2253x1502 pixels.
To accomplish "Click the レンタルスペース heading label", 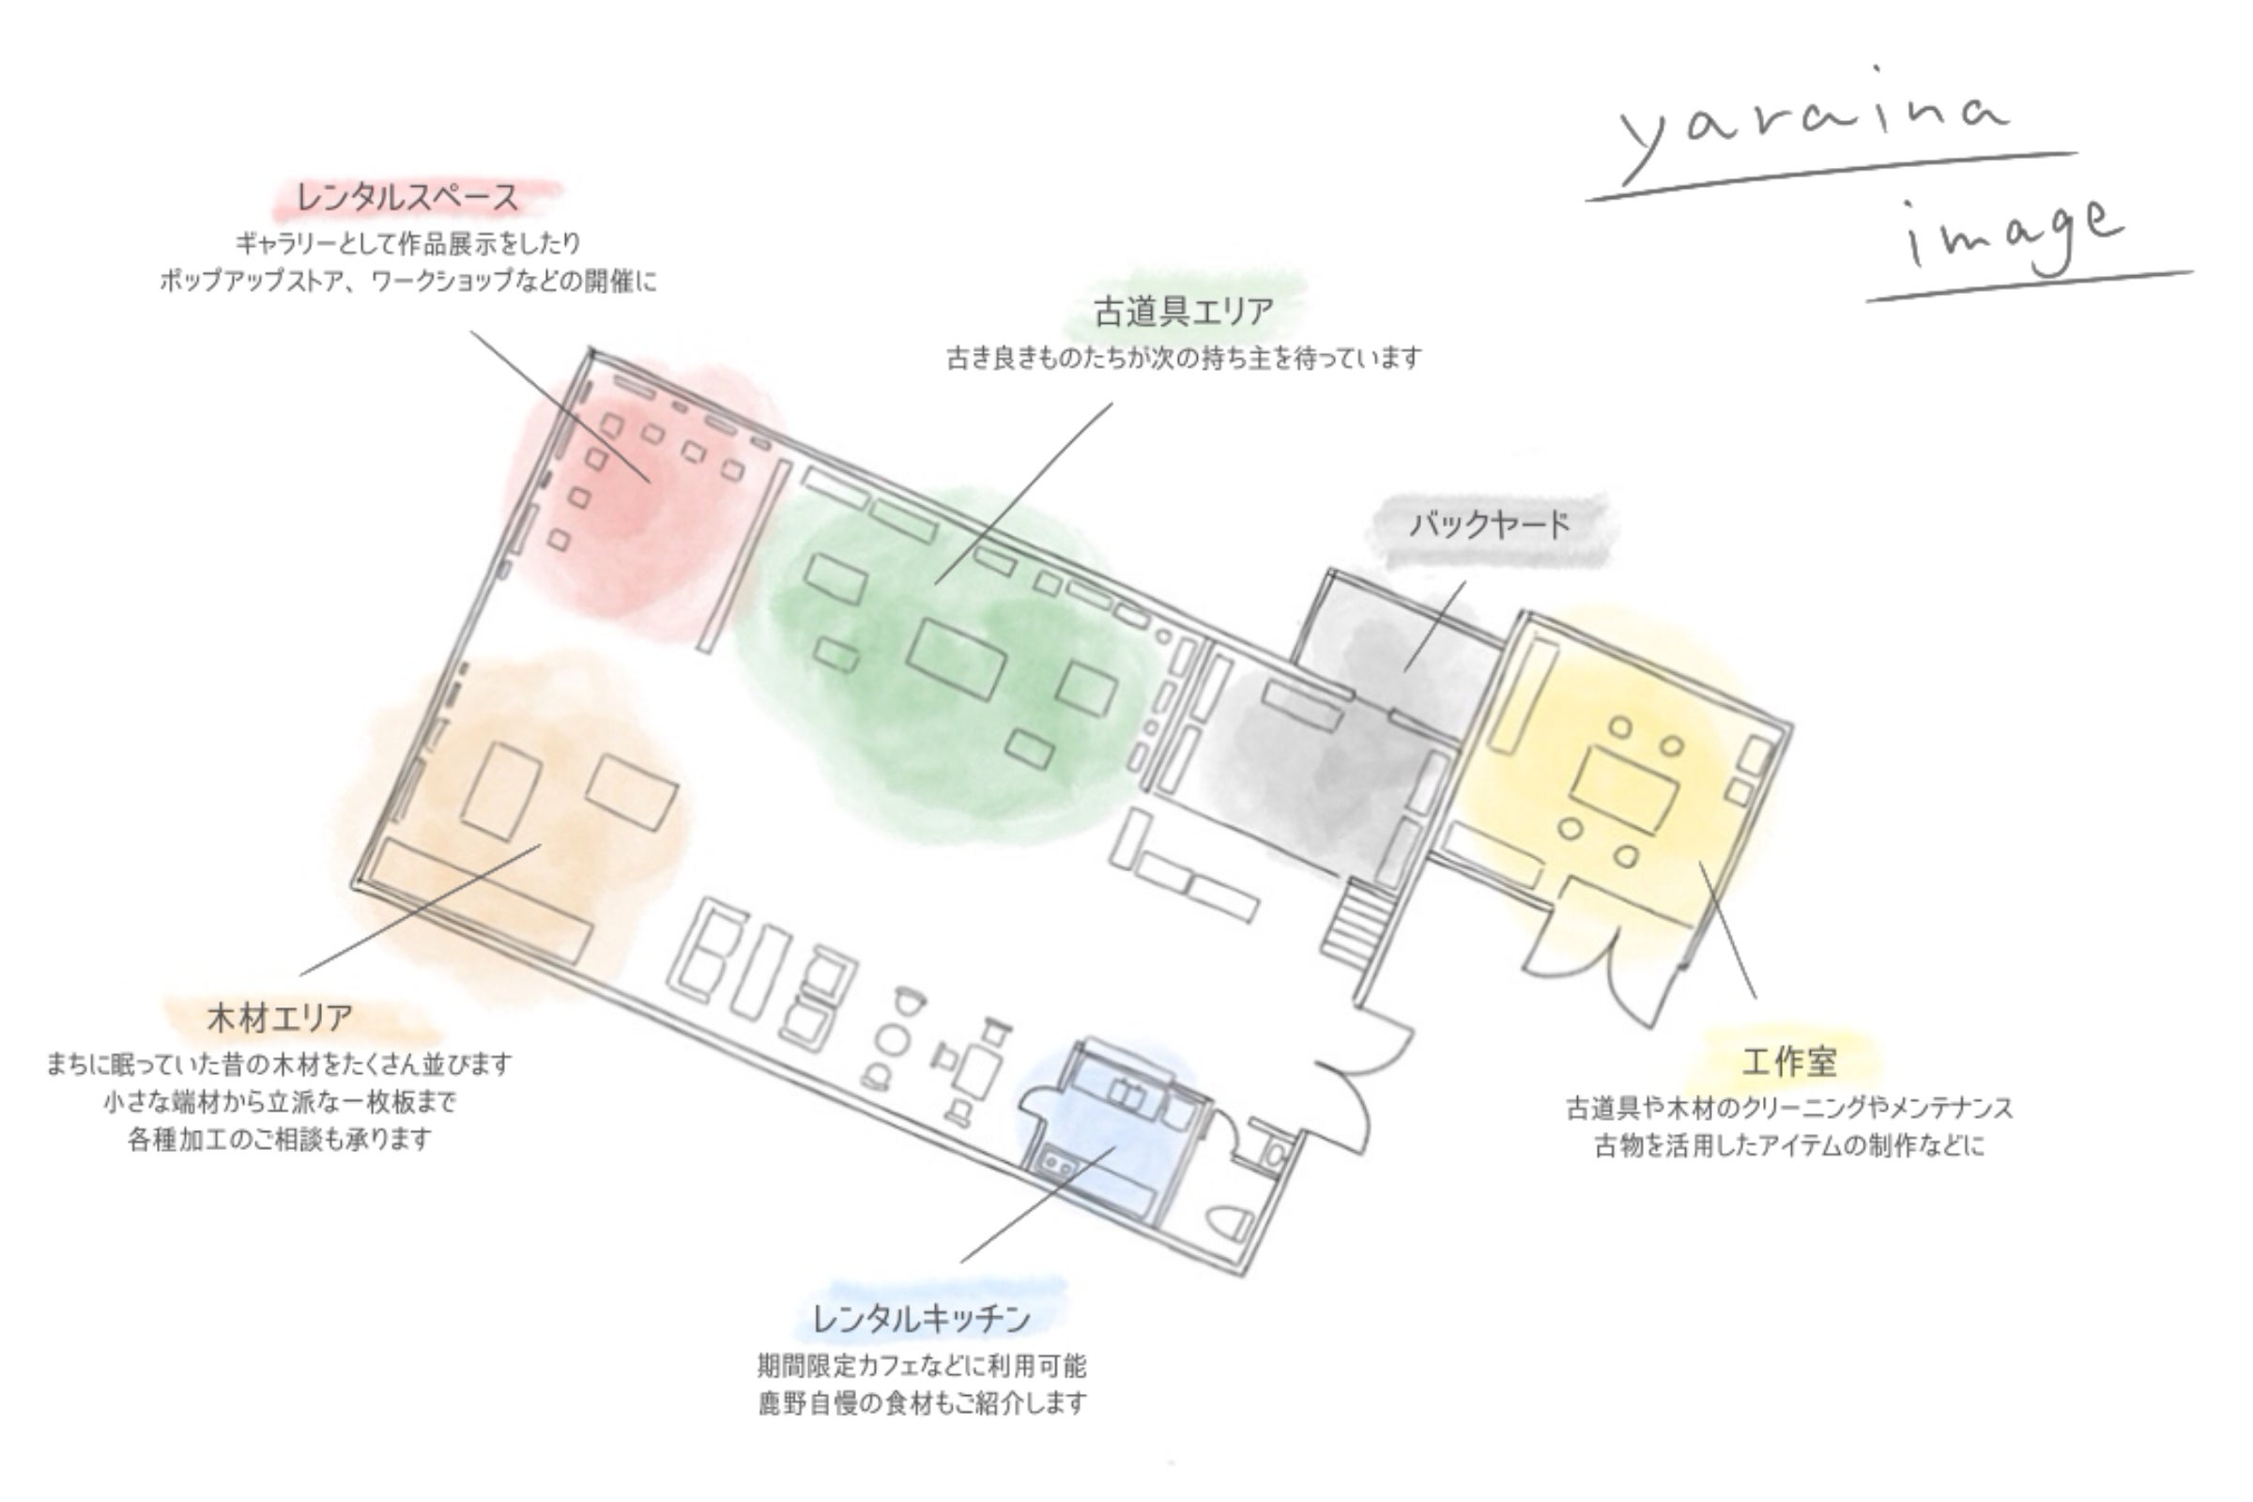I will click(x=408, y=198).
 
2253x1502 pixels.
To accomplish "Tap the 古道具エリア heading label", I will click(x=1184, y=312).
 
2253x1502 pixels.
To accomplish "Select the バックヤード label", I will click(x=1491, y=525).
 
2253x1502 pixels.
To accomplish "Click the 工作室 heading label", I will click(x=1788, y=1062).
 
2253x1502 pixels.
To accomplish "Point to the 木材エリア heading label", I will click(x=280, y=1018).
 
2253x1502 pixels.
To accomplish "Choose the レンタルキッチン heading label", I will click(x=922, y=1319).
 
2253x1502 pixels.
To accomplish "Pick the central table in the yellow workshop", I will click(x=1624, y=791).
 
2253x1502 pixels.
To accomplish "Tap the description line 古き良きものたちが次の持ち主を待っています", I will click(x=1184, y=359).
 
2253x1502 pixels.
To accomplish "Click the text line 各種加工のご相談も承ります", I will click(x=280, y=1140).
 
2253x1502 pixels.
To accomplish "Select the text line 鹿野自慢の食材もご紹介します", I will click(x=923, y=1403).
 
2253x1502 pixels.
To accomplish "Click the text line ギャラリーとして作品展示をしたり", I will click(x=408, y=243).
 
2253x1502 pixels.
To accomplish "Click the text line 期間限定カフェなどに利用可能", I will click(x=923, y=1365).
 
